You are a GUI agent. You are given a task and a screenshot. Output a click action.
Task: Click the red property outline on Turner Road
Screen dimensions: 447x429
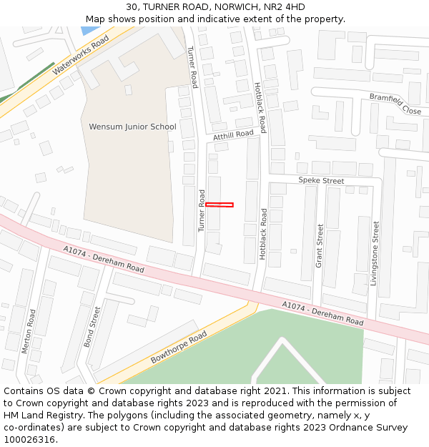(220, 205)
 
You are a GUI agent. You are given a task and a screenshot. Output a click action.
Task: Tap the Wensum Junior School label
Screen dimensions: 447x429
(132, 127)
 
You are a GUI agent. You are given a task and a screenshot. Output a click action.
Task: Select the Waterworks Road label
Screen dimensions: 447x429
(80, 55)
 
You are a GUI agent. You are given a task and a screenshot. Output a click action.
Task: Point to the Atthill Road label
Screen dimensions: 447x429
(233, 134)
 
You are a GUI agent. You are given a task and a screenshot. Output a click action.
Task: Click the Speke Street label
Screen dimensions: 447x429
(321, 181)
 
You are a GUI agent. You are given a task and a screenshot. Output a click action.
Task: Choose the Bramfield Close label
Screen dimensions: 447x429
(395, 104)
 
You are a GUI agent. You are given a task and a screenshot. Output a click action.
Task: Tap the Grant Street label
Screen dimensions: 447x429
(320, 246)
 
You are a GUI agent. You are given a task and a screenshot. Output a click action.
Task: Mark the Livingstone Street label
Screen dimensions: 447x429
(373, 253)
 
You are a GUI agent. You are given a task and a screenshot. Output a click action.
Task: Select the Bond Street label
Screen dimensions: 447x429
(92, 327)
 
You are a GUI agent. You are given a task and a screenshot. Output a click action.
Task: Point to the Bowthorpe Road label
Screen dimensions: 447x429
(179, 347)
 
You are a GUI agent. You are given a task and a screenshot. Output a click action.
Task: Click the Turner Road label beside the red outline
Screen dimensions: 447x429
(202, 211)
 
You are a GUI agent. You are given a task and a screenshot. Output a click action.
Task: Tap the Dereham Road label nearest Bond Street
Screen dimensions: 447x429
(104, 260)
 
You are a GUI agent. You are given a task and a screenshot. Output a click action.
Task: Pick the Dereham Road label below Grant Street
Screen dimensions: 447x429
(322, 313)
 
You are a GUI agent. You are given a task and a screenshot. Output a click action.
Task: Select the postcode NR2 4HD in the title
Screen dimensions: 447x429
(285, 7)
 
